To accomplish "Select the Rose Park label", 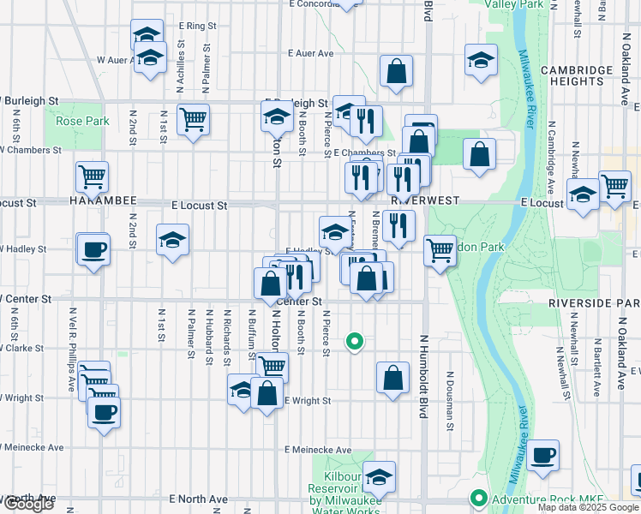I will click(83, 122).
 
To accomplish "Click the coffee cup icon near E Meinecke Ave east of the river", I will click(542, 455).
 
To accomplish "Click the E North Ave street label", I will click(199, 499).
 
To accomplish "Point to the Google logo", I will click(28, 504).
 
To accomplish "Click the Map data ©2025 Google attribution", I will click(588, 507).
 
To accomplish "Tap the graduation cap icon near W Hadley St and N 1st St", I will click(172, 240).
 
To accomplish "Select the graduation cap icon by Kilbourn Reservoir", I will click(378, 476).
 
